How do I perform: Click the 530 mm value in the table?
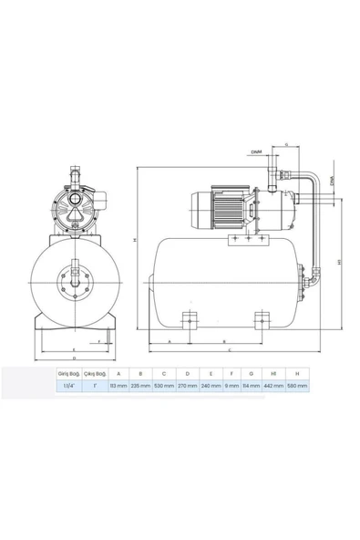pyautogui.click(x=163, y=386)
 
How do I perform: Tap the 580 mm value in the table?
pyautogui.click(x=297, y=386)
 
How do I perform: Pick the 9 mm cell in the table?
pyautogui.click(x=231, y=386)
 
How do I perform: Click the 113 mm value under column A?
pyautogui.click(x=116, y=386)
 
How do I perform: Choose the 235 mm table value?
pyautogui.click(x=139, y=386)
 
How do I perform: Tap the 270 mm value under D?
pyautogui.click(x=186, y=386)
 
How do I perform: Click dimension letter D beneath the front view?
pyautogui.click(x=73, y=359)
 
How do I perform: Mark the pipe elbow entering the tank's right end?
pyautogui.click(x=311, y=271)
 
